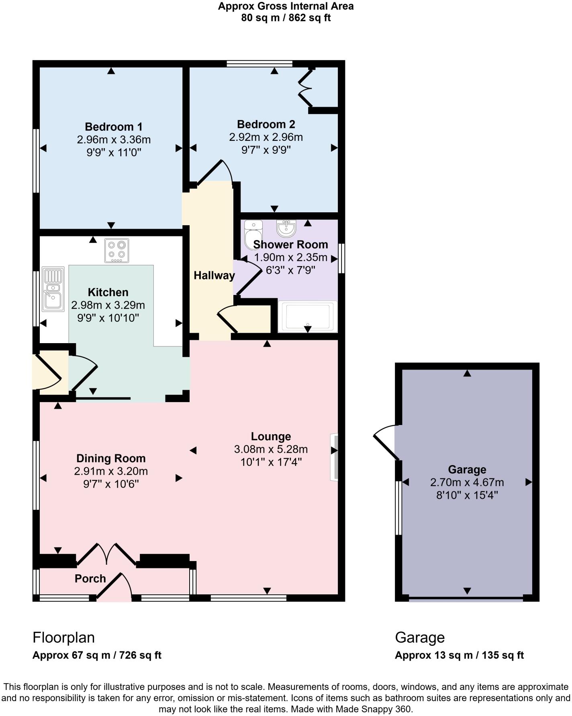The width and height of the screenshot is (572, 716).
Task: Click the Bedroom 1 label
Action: pos(113,127)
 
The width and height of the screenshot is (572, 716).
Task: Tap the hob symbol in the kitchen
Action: pos(117,250)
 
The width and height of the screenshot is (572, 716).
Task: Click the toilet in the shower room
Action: pos(253,234)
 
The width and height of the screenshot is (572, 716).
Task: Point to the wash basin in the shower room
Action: pos(286,228)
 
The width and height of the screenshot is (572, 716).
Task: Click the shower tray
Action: pos(308,317)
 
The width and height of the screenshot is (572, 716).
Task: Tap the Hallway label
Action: pos(214,276)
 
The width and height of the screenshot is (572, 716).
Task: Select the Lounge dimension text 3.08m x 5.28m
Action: pos(271,449)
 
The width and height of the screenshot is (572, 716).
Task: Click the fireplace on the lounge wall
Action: pos(334,456)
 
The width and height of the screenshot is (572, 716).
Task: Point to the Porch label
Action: pos(90,579)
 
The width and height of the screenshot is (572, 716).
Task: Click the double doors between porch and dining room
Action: pos(106,555)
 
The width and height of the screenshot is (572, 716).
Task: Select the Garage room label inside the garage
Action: pos(467,470)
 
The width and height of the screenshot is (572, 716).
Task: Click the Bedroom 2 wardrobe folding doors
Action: pos(305,88)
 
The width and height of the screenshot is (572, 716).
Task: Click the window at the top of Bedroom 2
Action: pos(259,63)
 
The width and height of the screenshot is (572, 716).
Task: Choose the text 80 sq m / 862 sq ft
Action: pos(286,18)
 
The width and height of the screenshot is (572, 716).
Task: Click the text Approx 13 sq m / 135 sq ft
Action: pos(459,655)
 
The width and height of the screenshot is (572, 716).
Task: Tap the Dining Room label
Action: pos(111,459)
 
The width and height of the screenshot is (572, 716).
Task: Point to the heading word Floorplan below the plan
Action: pos(63,637)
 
